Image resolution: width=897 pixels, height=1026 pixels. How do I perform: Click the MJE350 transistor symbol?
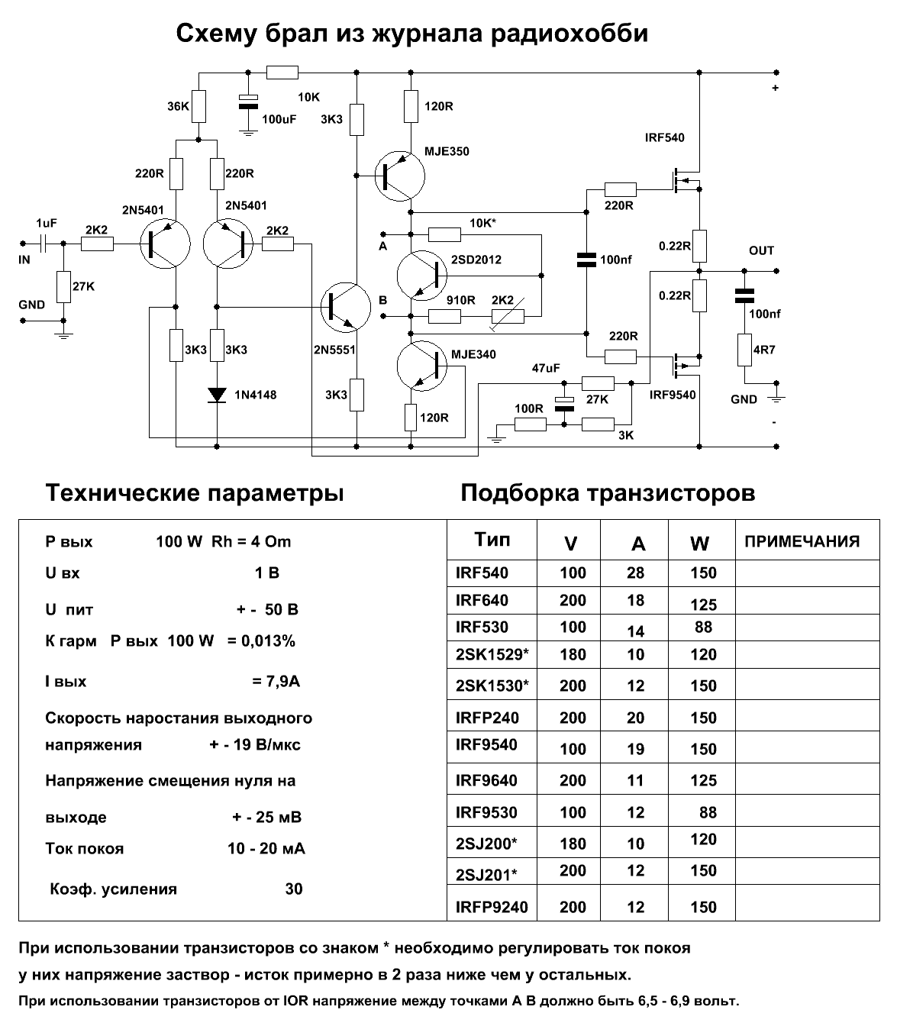[399, 176]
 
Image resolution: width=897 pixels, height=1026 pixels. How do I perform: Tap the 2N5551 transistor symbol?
[346, 307]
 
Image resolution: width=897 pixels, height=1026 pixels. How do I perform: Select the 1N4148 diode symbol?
[217, 395]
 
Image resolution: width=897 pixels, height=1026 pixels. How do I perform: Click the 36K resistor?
[198, 106]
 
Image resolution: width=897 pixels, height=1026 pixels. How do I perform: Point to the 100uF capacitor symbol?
[248, 102]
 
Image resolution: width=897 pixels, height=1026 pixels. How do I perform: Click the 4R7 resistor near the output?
[744, 350]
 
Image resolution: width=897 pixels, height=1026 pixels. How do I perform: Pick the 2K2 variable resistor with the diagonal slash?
[508, 316]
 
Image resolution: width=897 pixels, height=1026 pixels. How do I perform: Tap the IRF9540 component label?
[673, 395]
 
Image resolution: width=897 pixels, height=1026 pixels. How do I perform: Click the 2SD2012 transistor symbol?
[421, 276]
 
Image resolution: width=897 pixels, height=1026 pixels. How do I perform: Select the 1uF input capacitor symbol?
[43, 244]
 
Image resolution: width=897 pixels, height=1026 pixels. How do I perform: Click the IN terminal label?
[24, 260]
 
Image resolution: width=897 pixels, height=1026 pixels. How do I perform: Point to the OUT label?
[761, 250]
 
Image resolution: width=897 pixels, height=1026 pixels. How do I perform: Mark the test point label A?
[382, 247]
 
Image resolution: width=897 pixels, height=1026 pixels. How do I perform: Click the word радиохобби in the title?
[569, 34]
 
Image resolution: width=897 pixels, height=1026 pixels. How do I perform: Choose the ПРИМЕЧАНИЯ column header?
[802, 541]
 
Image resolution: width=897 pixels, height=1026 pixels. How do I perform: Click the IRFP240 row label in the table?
[487, 718]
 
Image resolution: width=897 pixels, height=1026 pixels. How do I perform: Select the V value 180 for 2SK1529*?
[573, 654]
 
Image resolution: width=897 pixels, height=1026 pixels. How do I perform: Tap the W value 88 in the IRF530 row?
[703, 627]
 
